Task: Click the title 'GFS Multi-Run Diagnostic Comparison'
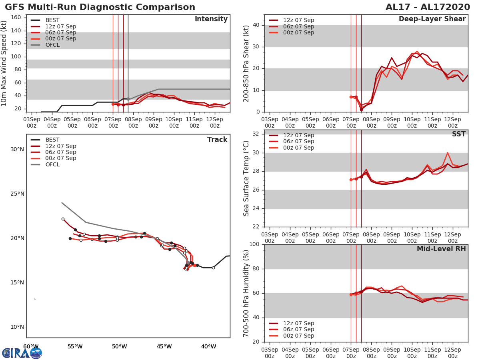[100, 7]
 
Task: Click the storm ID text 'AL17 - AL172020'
[428, 7]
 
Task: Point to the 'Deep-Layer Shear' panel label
[432, 19]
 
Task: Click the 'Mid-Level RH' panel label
[441, 249]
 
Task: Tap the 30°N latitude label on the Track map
[17, 150]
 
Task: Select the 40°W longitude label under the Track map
[208, 346]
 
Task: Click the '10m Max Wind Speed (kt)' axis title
[4, 63]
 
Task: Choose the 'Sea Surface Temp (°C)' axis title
[246, 178]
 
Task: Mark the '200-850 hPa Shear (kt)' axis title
[246, 63]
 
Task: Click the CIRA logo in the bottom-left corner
[22, 353]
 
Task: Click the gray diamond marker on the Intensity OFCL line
[128, 99]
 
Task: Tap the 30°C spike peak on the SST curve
[448, 152]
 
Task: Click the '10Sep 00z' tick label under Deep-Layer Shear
[412, 122]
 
